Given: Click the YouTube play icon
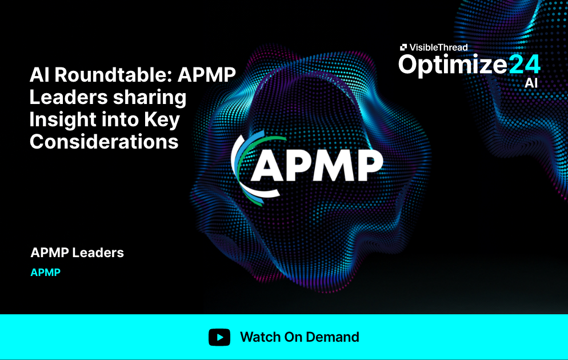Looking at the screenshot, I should (x=219, y=337).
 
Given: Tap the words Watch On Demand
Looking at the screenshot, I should (x=299, y=337).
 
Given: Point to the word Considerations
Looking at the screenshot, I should (x=104, y=142).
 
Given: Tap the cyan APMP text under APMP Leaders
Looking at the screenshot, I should (x=45, y=272).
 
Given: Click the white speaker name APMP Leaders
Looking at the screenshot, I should (x=77, y=252).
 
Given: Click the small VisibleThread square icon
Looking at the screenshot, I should (x=403, y=47).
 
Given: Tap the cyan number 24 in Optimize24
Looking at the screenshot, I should (x=524, y=65).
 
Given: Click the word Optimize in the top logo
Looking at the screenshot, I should (x=453, y=65).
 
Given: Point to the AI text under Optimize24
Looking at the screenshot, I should (x=531, y=83).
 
